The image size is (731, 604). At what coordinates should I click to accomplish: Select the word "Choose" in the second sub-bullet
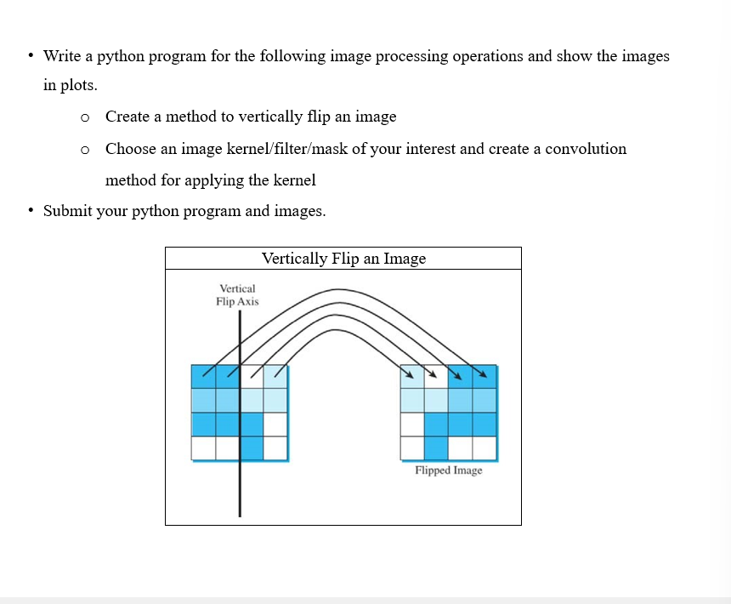point(131,149)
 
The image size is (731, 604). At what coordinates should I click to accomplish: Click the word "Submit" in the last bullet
point(67,211)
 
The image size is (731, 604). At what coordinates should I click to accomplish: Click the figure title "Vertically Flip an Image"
point(343,259)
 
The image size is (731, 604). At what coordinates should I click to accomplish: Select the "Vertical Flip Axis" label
point(237,295)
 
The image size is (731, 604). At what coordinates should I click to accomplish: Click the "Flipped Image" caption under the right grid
point(448,470)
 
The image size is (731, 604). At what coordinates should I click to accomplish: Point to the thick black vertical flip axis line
point(240,476)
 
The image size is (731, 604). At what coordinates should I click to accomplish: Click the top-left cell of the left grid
point(204,376)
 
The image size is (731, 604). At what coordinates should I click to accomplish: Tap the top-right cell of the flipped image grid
point(484,376)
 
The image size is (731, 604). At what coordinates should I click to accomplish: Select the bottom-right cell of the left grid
point(275,447)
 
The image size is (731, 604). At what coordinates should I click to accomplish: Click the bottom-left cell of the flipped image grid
point(412,447)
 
